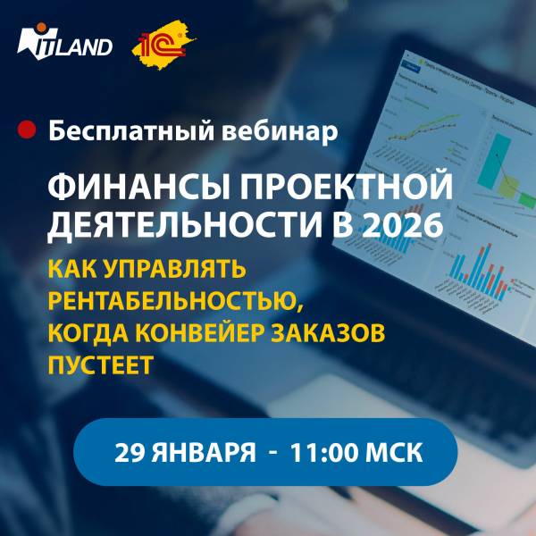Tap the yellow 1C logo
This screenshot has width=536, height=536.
click(x=163, y=42)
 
